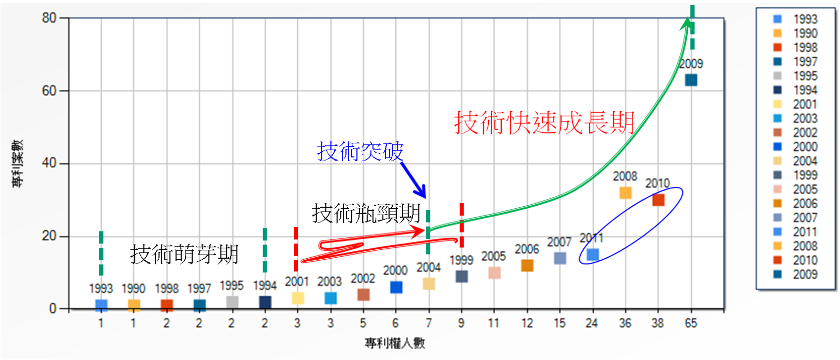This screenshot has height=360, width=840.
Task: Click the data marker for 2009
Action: click(691, 80)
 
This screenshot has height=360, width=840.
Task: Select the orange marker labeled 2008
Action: click(625, 193)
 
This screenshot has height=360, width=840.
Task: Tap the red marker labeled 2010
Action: click(658, 200)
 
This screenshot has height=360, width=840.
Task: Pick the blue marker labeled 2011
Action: click(593, 255)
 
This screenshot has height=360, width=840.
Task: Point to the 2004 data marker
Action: click(429, 284)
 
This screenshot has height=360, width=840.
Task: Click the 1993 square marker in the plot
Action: click(101, 305)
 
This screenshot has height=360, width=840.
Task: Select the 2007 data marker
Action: click(560, 258)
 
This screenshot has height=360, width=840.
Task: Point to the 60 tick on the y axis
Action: click(49, 91)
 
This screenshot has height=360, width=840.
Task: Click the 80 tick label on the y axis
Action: click(49, 18)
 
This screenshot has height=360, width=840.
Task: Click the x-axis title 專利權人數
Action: click(395, 343)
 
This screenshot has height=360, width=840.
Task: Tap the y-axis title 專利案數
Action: click(17, 163)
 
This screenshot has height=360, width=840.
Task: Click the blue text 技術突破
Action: click(360, 151)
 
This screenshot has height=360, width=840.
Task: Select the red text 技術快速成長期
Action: click(544, 123)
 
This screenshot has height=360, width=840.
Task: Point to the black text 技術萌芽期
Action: click(184, 254)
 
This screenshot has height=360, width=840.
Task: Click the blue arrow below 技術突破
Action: click(413, 180)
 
